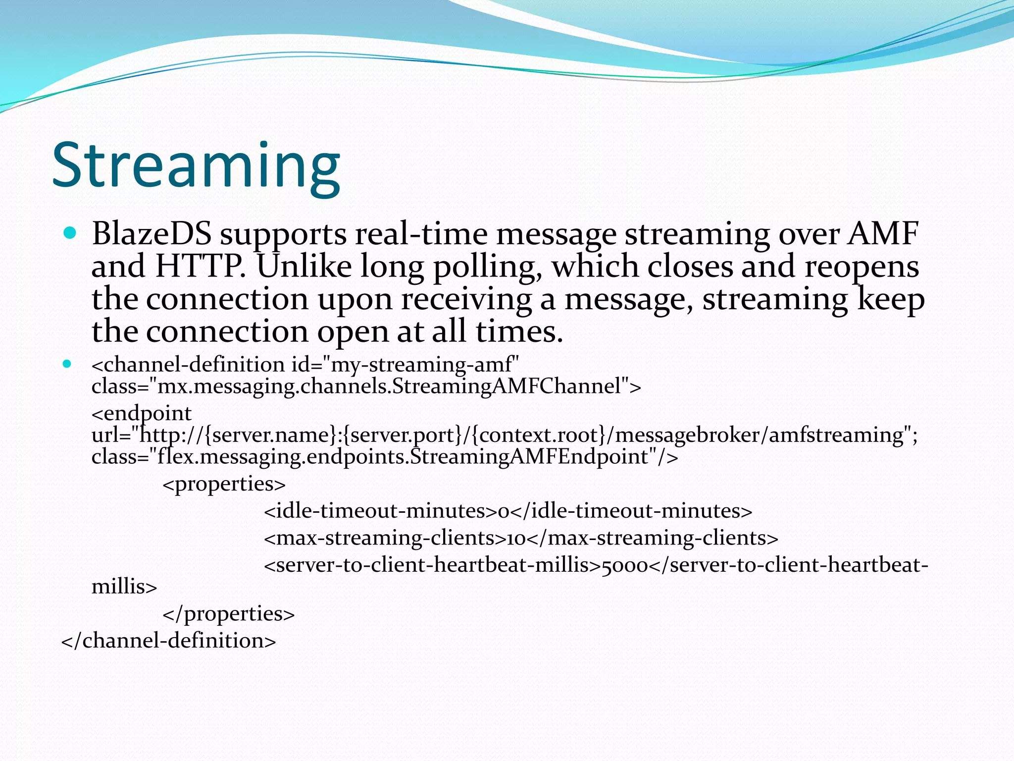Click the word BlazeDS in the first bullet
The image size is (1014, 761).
(152, 233)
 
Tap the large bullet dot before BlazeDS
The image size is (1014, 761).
(70, 233)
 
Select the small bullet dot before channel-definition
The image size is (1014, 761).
(67, 365)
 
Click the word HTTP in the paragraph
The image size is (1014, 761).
(200, 266)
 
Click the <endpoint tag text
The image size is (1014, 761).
(142, 413)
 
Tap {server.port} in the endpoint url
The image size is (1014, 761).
(402, 435)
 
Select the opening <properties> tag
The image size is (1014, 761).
(224, 484)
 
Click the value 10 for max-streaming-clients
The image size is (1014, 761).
(516, 539)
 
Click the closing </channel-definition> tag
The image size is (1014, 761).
(168, 641)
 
